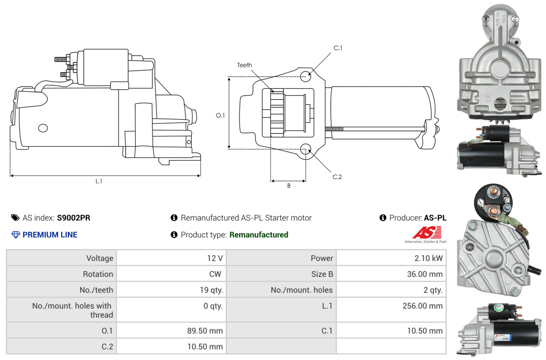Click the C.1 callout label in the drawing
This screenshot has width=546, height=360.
click(x=338, y=48)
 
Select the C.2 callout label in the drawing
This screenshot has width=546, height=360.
click(x=337, y=177)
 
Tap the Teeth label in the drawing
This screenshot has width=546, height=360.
click(x=245, y=65)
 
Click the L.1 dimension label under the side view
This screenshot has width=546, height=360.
click(x=99, y=181)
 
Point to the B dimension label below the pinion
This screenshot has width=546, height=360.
click(x=288, y=186)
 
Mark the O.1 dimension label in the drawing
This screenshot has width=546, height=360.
click(x=220, y=115)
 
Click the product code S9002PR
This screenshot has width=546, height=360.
click(x=74, y=218)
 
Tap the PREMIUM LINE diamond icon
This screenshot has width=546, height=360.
click(x=15, y=235)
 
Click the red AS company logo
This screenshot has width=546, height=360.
click(x=427, y=233)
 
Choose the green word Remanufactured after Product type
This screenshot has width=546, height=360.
click(x=259, y=235)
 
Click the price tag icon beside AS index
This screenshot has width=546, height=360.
click(x=15, y=218)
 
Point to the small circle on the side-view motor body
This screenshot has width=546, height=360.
click(x=43, y=128)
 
